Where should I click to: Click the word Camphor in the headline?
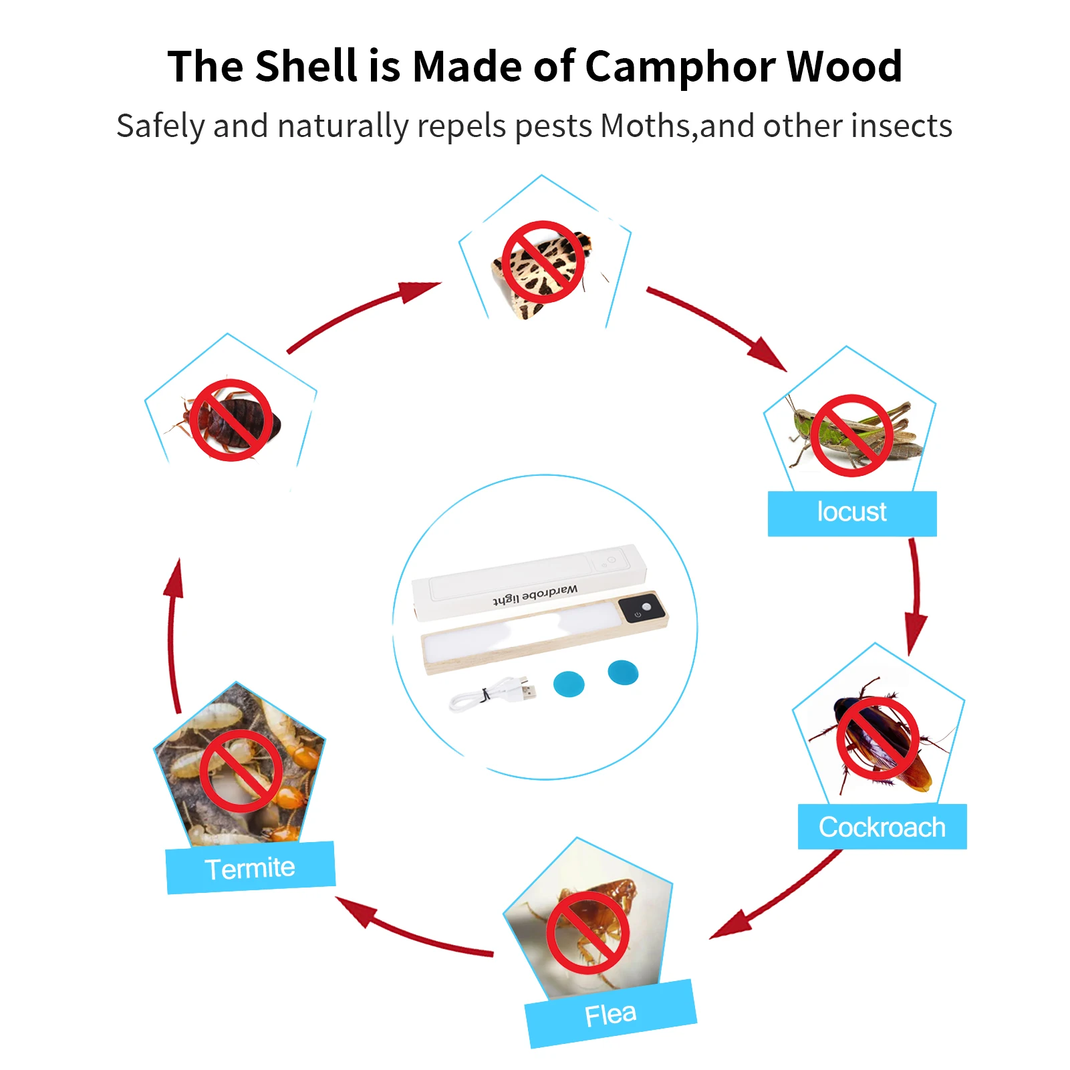678,67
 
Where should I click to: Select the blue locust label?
851,513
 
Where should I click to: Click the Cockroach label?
882,827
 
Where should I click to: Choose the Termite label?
250,868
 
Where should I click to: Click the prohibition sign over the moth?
543,262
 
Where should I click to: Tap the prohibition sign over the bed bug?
231,420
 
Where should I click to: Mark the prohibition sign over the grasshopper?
851,435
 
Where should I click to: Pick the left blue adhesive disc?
569,684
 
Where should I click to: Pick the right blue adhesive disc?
623,672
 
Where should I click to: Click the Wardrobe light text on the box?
535,594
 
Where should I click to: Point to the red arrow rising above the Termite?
172,635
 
